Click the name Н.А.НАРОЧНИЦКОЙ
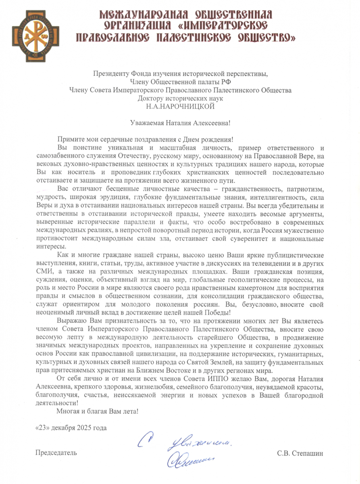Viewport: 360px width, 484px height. [180, 107]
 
